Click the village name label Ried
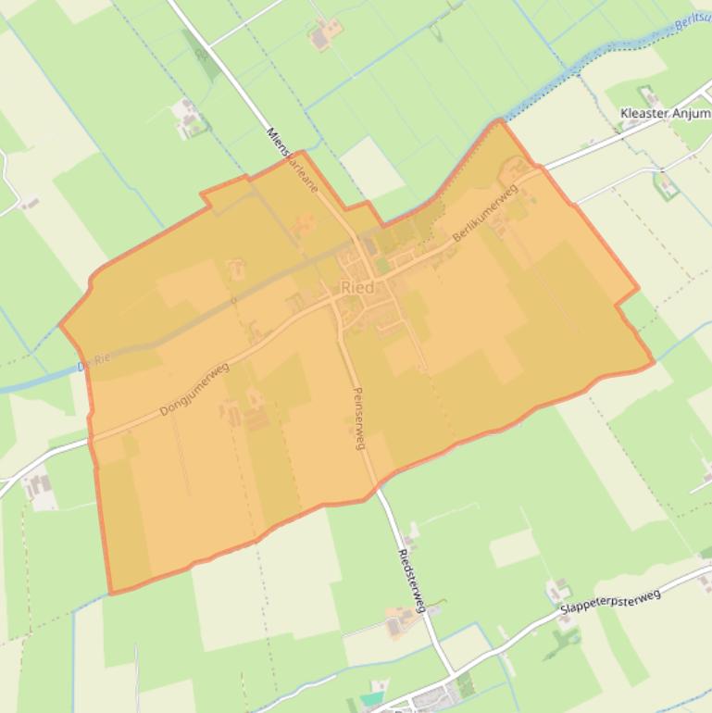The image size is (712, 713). pyautogui.click(x=357, y=288)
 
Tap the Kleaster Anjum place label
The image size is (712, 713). pyautogui.click(x=665, y=113)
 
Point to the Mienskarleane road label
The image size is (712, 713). pyautogui.click(x=293, y=159)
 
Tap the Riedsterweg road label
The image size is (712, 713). pyautogui.click(x=410, y=581)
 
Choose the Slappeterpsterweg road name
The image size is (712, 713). pyautogui.click(x=610, y=601)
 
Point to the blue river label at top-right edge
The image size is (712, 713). pyautogui.click(x=693, y=21)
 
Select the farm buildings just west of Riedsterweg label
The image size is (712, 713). pyautogui.click(x=400, y=622)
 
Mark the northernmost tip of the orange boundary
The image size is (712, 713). pyautogui.click(x=501, y=119)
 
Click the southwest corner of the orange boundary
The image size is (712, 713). pyautogui.click(x=111, y=593)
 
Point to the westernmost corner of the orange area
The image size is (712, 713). pyautogui.click(x=61, y=326)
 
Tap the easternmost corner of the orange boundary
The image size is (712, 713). pyautogui.click(x=654, y=362)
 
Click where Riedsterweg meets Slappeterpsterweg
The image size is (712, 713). pyautogui.click(x=453, y=673)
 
